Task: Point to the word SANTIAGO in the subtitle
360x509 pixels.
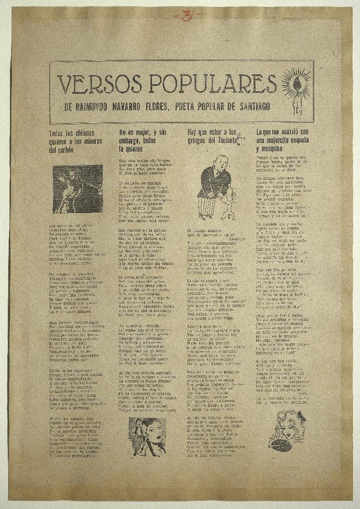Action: pos(250,107)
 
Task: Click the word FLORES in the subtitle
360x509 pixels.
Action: pos(159,107)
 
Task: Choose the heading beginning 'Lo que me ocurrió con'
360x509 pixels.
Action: pos(282,139)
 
